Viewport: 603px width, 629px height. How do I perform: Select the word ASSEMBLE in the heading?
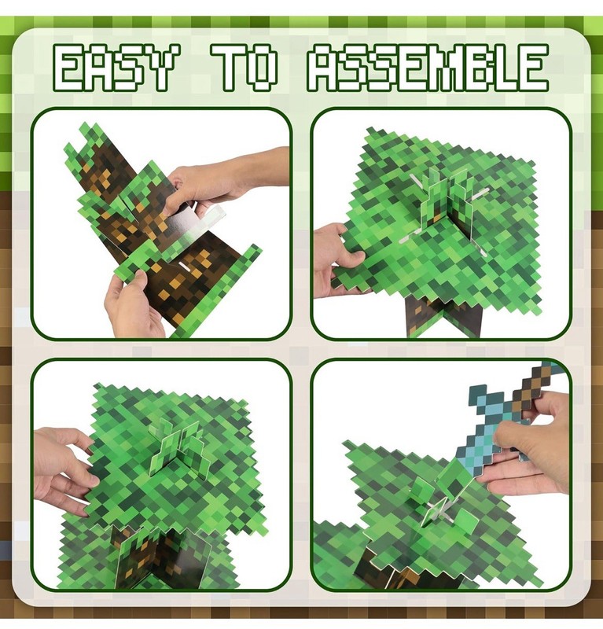(x=428, y=68)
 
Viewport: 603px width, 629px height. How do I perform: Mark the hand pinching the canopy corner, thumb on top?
(x=339, y=261)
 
